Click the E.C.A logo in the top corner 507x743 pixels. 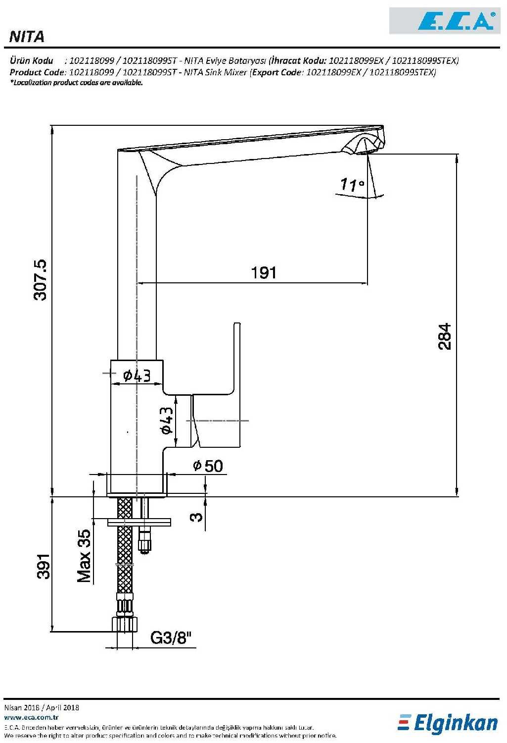pyautogui.click(x=456, y=21)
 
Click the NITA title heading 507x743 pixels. pyautogui.click(x=27, y=36)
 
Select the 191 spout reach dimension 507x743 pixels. pyautogui.click(x=264, y=272)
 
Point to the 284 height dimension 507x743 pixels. pyautogui.click(x=445, y=336)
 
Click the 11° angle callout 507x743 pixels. pyautogui.click(x=352, y=185)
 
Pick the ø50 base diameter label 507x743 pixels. pyautogui.click(x=208, y=466)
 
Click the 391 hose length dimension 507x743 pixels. pyautogui.click(x=44, y=566)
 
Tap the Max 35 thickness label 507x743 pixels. pyautogui.click(x=84, y=556)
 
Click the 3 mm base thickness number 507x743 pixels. pyautogui.click(x=196, y=517)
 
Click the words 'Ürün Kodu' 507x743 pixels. pyautogui.click(x=32, y=61)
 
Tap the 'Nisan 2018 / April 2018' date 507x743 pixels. pyautogui.click(x=42, y=707)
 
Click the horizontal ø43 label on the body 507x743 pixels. pyautogui.click(x=137, y=376)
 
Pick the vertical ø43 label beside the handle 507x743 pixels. pyautogui.click(x=167, y=420)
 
